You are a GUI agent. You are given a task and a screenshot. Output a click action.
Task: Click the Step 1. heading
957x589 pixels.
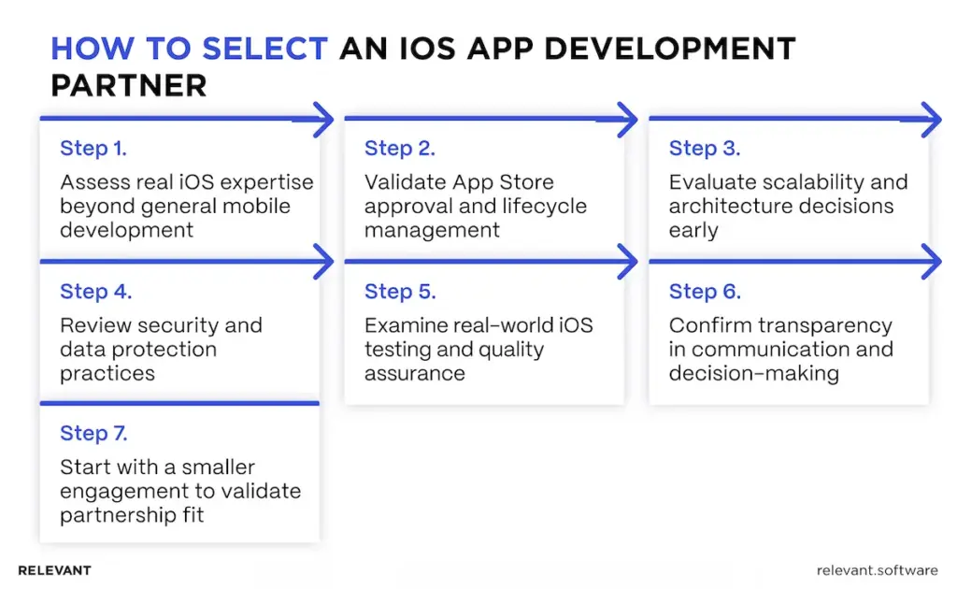click(x=93, y=149)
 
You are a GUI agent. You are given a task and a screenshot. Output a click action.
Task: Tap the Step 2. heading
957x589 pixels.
click(x=399, y=149)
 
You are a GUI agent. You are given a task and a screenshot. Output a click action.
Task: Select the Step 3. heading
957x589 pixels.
click(x=704, y=149)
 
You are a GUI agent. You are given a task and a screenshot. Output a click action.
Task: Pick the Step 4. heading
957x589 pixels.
click(x=95, y=292)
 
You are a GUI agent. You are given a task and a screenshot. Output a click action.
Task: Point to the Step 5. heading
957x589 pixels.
click(x=400, y=292)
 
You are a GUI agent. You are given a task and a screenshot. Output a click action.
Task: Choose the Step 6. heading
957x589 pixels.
click(x=705, y=292)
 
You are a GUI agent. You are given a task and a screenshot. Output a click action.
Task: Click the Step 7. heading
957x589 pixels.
click(x=94, y=434)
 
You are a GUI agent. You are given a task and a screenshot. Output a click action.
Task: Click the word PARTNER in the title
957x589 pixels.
click(x=128, y=85)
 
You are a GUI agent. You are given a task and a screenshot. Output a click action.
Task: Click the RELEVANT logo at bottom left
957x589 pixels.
click(x=54, y=570)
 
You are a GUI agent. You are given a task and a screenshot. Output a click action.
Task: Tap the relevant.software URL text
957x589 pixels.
click(x=877, y=570)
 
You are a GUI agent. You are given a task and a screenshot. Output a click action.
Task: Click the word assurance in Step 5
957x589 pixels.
click(x=414, y=374)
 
